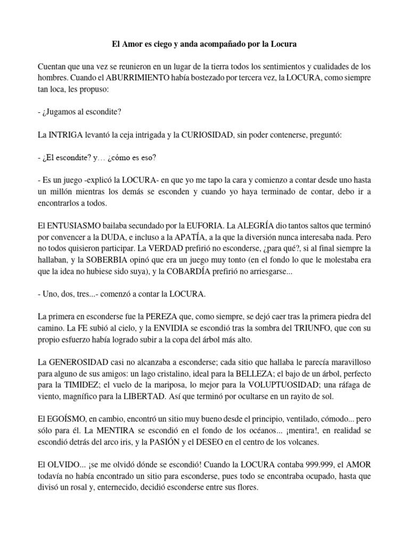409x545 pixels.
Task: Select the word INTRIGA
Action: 66,135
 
